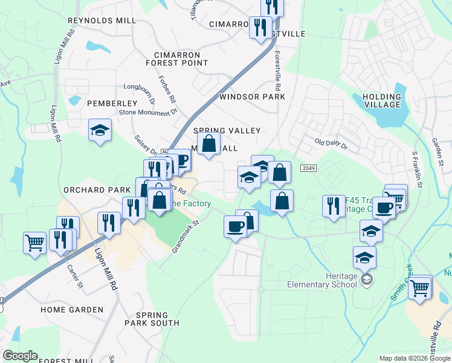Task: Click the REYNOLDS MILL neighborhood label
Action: pyautogui.click(x=102, y=21)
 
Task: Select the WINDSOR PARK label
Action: pyautogui.click(x=252, y=97)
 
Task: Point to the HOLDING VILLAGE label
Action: pyautogui.click(x=382, y=100)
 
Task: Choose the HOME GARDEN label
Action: pyautogui.click(x=72, y=310)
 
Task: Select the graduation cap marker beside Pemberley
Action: pyautogui.click(x=100, y=131)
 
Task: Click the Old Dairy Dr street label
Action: pyautogui.click(x=331, y=144)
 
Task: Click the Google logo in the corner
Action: pyautogui.click(x=20, y=356)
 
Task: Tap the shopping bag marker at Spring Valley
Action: pyautogui.click(x=208, y=144)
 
